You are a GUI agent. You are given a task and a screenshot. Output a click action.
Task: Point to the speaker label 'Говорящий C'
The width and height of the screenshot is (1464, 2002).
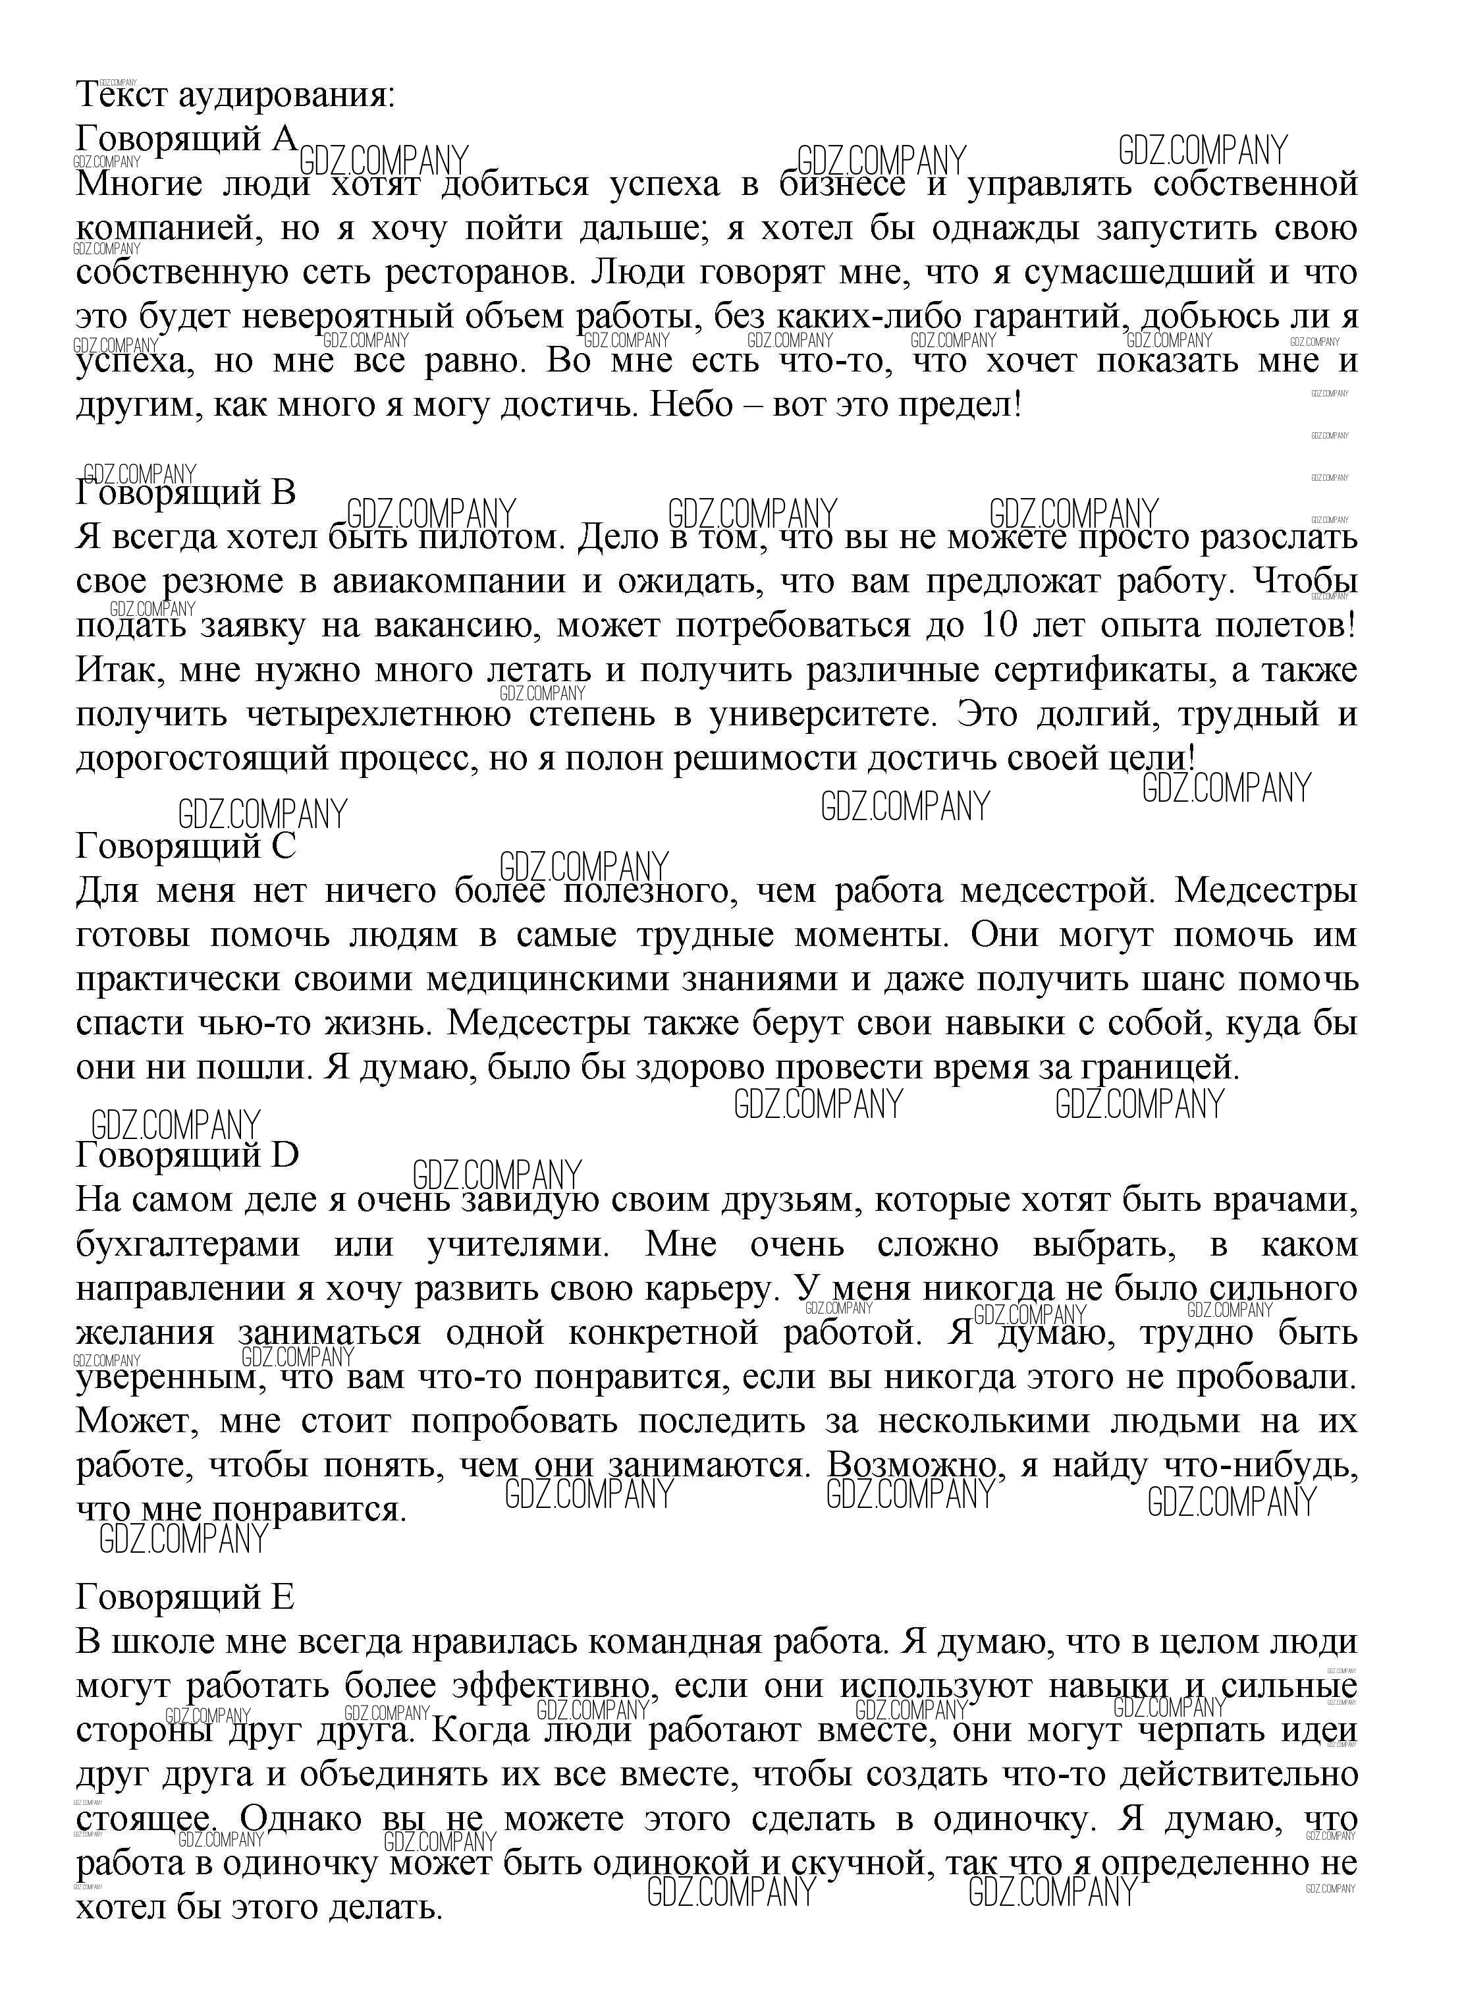(x=186, y=847)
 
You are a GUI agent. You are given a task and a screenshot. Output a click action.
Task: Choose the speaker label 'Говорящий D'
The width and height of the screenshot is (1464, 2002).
(x=188, y=1155)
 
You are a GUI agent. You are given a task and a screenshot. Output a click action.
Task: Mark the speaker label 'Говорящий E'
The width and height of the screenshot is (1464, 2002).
(x=185, y=1597)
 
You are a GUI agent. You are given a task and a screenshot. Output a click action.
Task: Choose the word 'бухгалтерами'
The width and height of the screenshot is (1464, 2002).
(x=188, y=1244)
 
